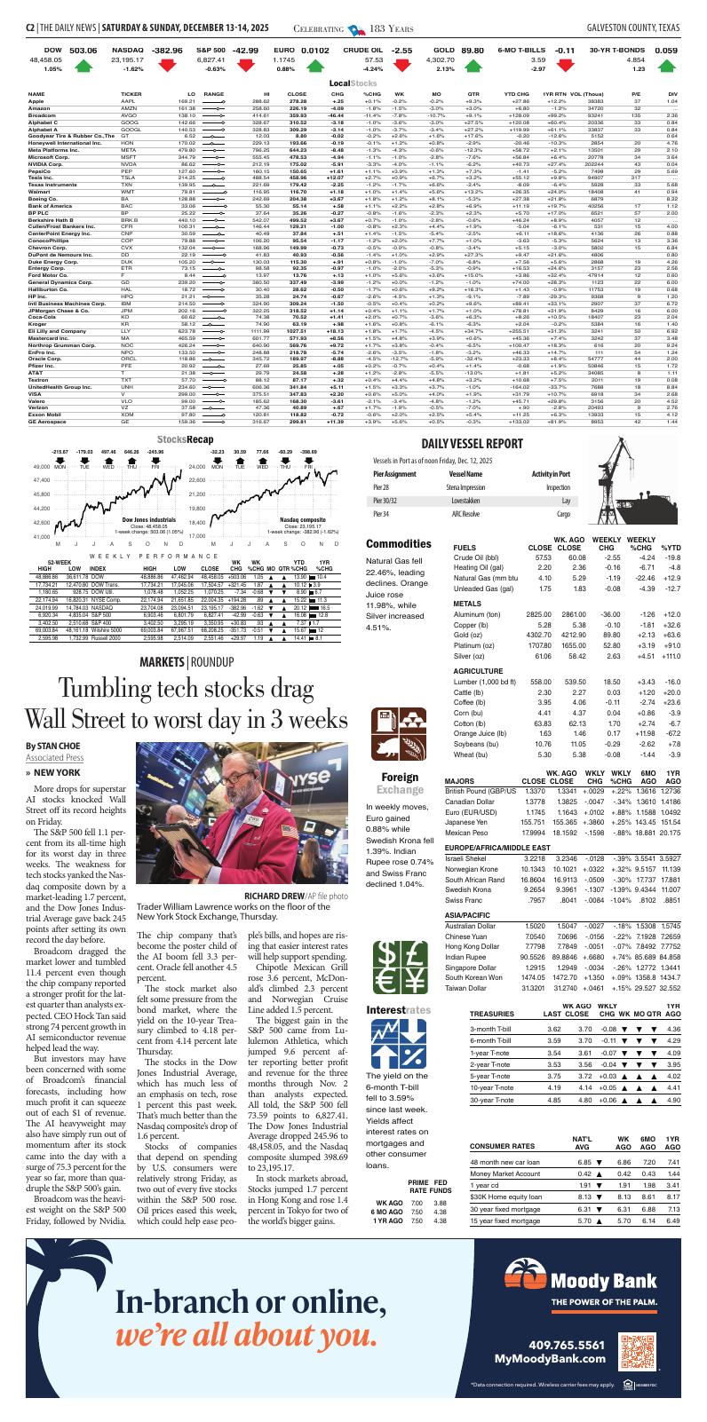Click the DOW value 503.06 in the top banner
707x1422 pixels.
[x=83, y=51]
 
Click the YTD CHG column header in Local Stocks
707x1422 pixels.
[x=517, y=93]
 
